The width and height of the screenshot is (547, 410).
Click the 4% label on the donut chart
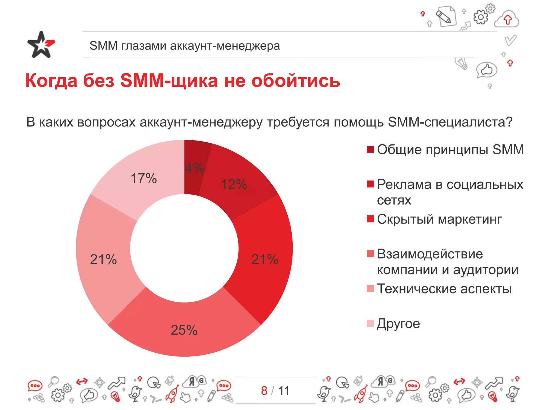click(x=195, y=168)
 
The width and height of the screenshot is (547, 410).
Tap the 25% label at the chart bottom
click(x=184, y=330)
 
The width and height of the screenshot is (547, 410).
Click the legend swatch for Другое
click(x=370, y=323)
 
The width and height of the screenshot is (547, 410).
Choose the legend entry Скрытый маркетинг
click(x=439, y=219)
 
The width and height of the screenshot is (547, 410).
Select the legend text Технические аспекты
click(x=444, y=289)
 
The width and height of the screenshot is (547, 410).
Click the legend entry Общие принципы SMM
click(x=450, y=149)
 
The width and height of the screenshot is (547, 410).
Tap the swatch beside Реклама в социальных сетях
click(x=370, y=184)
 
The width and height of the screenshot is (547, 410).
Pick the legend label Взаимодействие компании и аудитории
click(x=448, y=262)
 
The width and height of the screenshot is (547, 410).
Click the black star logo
click(x=41, y=45)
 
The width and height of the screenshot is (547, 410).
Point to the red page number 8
click(x=264, y=391)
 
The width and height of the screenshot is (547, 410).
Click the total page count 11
click(x=284, y=391)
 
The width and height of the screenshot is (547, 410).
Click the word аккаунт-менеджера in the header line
click(x=225, y=46)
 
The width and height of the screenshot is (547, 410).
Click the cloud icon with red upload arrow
click(x=507, y=19)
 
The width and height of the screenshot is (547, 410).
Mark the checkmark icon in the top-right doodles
click(x=510, y=40)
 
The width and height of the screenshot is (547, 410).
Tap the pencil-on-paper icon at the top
click(x=446, y=16)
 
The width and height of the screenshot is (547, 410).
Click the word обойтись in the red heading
click(x=296, y=81)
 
